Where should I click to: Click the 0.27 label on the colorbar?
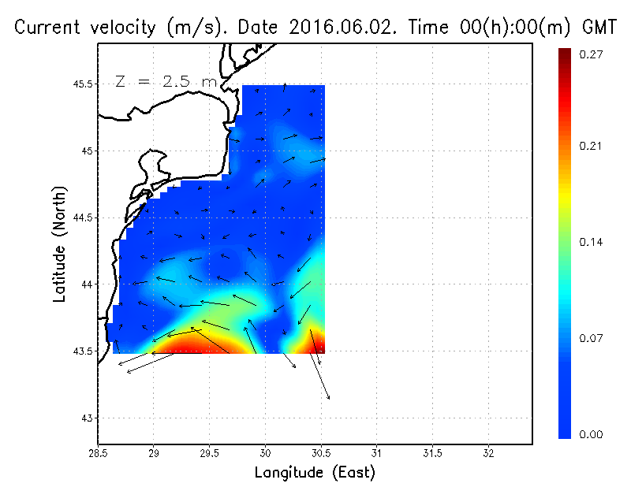coord(592,54)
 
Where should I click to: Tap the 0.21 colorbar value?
coord(592,146)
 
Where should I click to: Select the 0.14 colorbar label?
coord(592,242)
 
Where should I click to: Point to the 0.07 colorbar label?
coord(592,338)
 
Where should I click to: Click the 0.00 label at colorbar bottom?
coord(592,434)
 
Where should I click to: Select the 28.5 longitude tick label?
coord(98,453)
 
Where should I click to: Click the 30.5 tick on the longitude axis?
coord(321,453)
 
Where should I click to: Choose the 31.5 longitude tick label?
coord(433,453)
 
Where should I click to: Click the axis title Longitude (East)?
coord(315,472)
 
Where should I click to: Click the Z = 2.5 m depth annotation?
coord(166,81)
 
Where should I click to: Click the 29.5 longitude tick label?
coord(210,453)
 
